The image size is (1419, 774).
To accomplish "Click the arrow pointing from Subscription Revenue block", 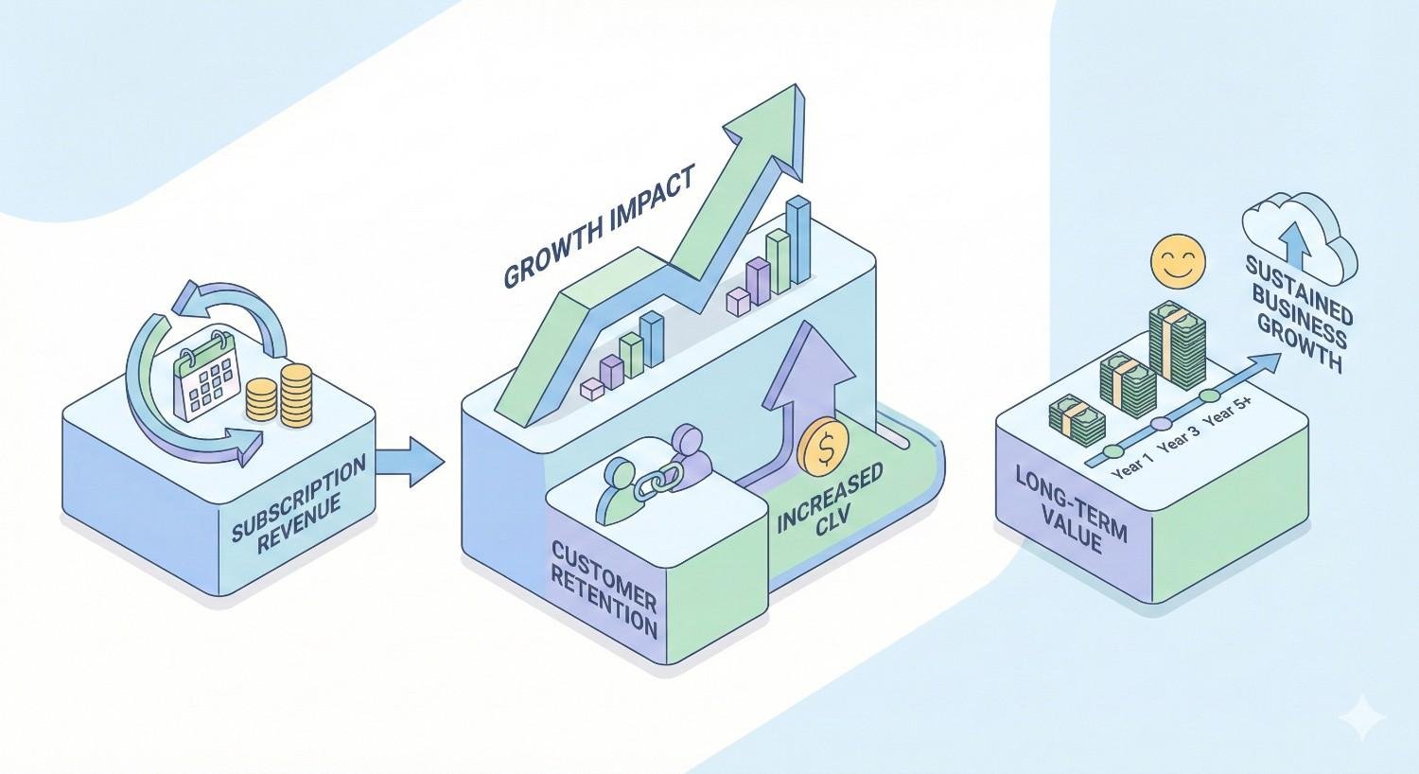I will click(411, 461).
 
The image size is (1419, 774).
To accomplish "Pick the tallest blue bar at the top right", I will click(799, 239).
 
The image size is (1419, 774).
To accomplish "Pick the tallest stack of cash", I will click(1176, 346).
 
